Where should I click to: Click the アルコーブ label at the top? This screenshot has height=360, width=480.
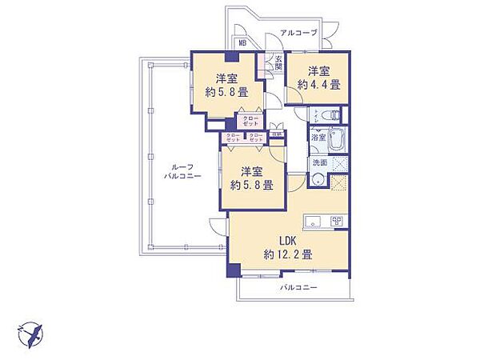pos(298,33)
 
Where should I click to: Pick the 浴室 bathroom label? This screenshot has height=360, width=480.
pos(318,138)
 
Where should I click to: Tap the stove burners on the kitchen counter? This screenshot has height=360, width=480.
pos(337,221)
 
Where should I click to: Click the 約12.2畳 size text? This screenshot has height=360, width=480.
pos(287,254)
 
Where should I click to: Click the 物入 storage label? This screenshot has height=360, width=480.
pos(276,135)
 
